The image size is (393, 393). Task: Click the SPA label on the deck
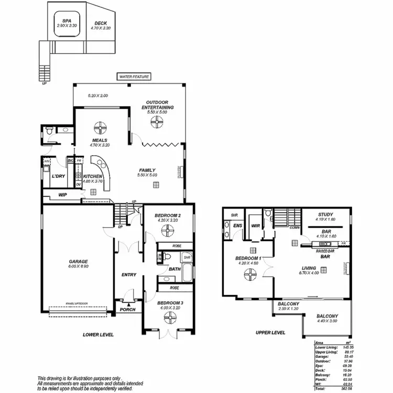click(67, 20)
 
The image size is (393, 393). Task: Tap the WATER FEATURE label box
click(134, 77)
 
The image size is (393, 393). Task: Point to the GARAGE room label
click(78, 261)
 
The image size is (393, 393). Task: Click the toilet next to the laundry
click(48, 134)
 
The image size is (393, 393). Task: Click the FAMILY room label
click(147, 169)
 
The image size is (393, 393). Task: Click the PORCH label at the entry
click(128, 309)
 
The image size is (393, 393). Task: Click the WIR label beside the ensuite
click(256, 226)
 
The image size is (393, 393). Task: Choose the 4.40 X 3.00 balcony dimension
click(327, 322)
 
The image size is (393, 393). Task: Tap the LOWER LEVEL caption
click(98, 334)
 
